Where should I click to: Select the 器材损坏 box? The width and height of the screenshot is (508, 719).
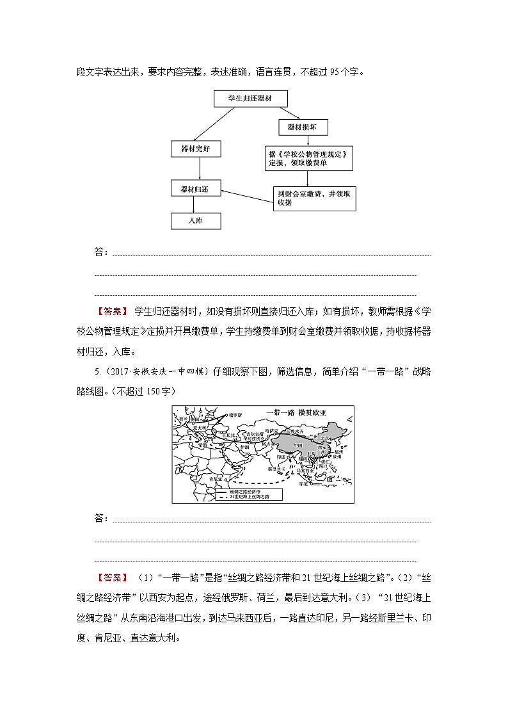[x=303, y=128]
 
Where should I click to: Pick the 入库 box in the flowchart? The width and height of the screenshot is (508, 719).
[x=196, y=221]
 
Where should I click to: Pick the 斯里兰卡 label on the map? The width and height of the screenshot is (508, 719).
[x=276, y=469]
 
